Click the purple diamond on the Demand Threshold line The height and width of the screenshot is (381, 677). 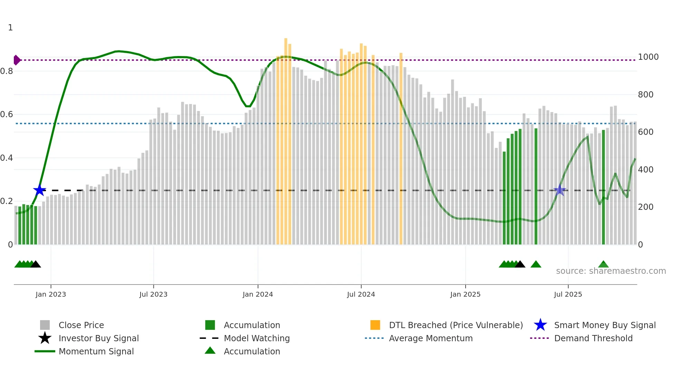point(17,60)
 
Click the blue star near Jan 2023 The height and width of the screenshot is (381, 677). point(39,190)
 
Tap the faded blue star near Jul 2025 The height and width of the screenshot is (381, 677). point(560,190)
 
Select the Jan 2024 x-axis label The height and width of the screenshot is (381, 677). point(258,294)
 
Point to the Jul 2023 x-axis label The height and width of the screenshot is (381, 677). point(153,294)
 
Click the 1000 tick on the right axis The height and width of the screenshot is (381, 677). point(648,57)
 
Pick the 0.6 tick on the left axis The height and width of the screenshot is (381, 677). point(7,114)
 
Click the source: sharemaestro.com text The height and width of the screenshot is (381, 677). point(611,271)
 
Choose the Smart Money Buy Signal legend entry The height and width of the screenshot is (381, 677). point(604,325)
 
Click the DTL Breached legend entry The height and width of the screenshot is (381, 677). point(456,325)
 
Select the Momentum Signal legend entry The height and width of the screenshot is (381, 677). point(96,351)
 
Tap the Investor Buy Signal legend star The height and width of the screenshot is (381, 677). point(45,338)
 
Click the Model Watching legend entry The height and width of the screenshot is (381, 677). point(256,338)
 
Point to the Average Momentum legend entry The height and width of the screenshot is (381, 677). point(430,338)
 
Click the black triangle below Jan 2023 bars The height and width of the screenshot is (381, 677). point(36,264)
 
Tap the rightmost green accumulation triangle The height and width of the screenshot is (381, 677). point(603,264)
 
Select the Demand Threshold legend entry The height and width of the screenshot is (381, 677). point(593,338)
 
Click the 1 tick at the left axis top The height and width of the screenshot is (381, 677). point(10,28)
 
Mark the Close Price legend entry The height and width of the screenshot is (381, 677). point(81,325)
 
